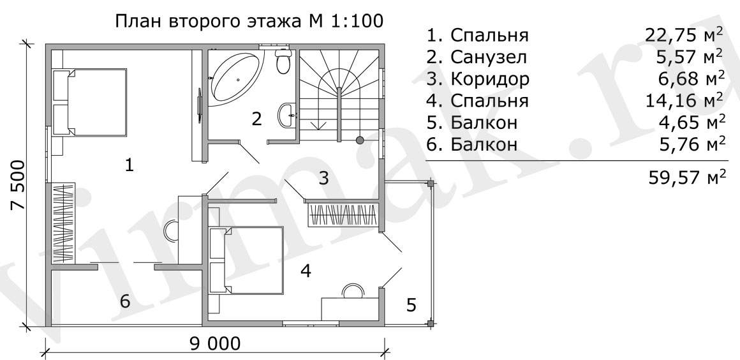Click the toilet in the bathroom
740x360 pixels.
click(x=283, y=62)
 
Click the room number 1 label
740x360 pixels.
click(x=129, y=165)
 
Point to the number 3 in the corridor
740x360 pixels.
click(x=324, y=179)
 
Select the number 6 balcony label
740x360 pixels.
click(x=125, y=301)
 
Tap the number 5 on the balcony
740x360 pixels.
click(x=411, y=305)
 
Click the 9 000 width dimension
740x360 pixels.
click(x=215, y=343)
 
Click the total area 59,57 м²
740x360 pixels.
click(x=687, y=179)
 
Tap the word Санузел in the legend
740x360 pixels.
click(x=489, y=57)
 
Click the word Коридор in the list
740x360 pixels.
click(x=490, y=79)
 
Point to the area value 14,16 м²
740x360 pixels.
click(x=685, y=101)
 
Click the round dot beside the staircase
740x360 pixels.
click(x=360, y=140)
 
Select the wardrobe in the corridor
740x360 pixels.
click(x=344, y=215)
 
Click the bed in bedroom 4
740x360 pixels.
click(x=246, y=259)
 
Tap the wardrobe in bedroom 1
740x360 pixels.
click(x=63, y=223)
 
